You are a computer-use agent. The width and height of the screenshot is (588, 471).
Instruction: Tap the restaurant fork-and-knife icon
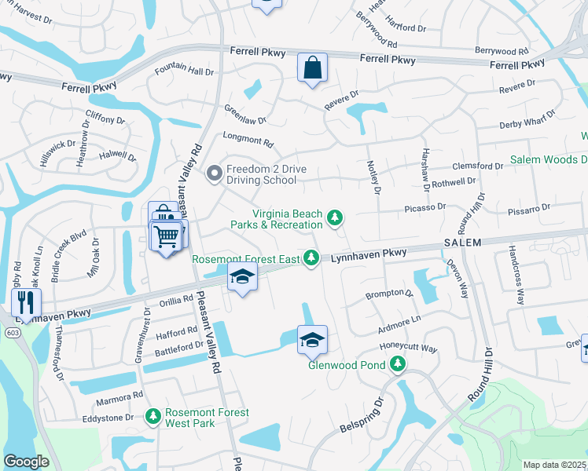point(25,302)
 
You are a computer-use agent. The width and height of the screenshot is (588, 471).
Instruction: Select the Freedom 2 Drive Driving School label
point(261,174)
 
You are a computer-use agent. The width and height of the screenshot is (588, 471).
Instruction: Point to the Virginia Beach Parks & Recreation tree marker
point(336,217)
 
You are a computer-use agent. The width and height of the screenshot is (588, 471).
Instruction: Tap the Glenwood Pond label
point(344,364)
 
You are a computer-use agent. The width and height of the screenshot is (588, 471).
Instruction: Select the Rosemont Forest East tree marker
point(312,257)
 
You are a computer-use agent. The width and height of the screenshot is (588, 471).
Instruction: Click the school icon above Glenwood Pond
point(312,339)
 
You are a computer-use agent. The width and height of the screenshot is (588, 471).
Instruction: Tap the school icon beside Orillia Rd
point(242,276)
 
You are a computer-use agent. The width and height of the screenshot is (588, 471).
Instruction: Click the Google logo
point(26,462)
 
